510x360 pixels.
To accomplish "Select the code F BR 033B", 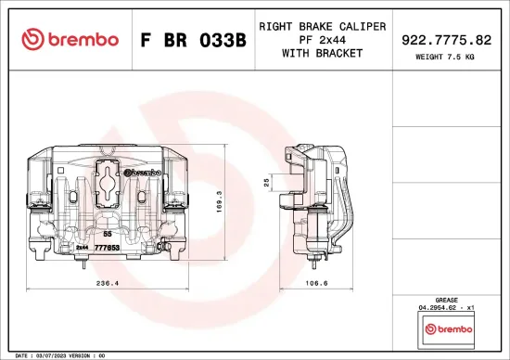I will tap(193, 39).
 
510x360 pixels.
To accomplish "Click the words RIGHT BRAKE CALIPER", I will tap(322, 25).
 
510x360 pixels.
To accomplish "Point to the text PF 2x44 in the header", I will tap(322, 39).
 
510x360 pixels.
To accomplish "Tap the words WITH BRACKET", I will tap(322, 53).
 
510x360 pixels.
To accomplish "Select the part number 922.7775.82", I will tap(446, 39).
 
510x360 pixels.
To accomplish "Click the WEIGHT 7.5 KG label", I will tap(446, 58).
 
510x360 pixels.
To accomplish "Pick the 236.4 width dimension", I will tap(108, 285).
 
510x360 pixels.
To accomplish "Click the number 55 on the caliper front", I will tap(108, 236).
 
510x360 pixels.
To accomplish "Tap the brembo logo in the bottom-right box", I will tap(447, 329).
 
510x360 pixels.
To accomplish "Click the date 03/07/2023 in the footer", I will tap(57, 355).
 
